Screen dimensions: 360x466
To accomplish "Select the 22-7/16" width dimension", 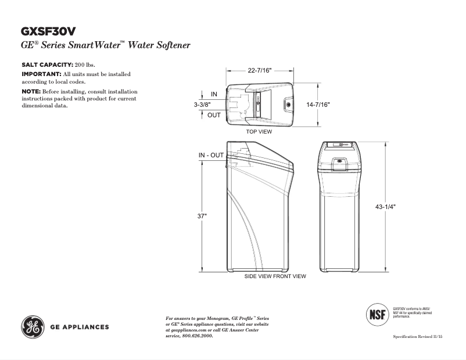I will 260,70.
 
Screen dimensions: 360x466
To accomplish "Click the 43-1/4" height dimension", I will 386,206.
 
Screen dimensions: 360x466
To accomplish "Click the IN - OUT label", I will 211,155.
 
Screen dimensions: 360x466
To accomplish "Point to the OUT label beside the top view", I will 214,115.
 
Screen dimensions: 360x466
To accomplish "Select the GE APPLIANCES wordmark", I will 79,327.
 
